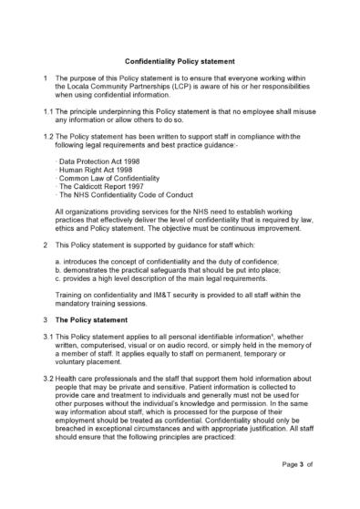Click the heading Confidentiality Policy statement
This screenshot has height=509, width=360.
pyautogui.click(x=180, y=56)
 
